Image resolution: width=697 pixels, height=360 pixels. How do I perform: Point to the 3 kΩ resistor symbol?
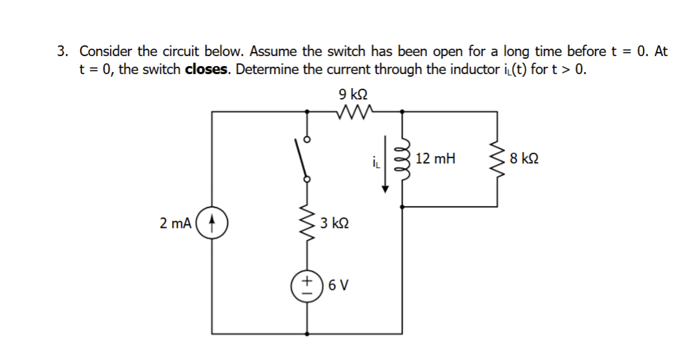click(x=308, y=222)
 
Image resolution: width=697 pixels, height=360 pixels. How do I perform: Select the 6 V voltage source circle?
click(x=307, y=288)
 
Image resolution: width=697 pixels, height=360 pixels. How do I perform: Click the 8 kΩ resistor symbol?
click(x=495, y=159)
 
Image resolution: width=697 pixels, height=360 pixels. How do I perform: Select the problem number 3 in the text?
click(x=62, y=52)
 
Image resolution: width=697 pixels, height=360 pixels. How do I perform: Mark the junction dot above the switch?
click(x=307, y=112)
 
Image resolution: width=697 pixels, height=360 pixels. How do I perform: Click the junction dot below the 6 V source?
click(x=307, y=333)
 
